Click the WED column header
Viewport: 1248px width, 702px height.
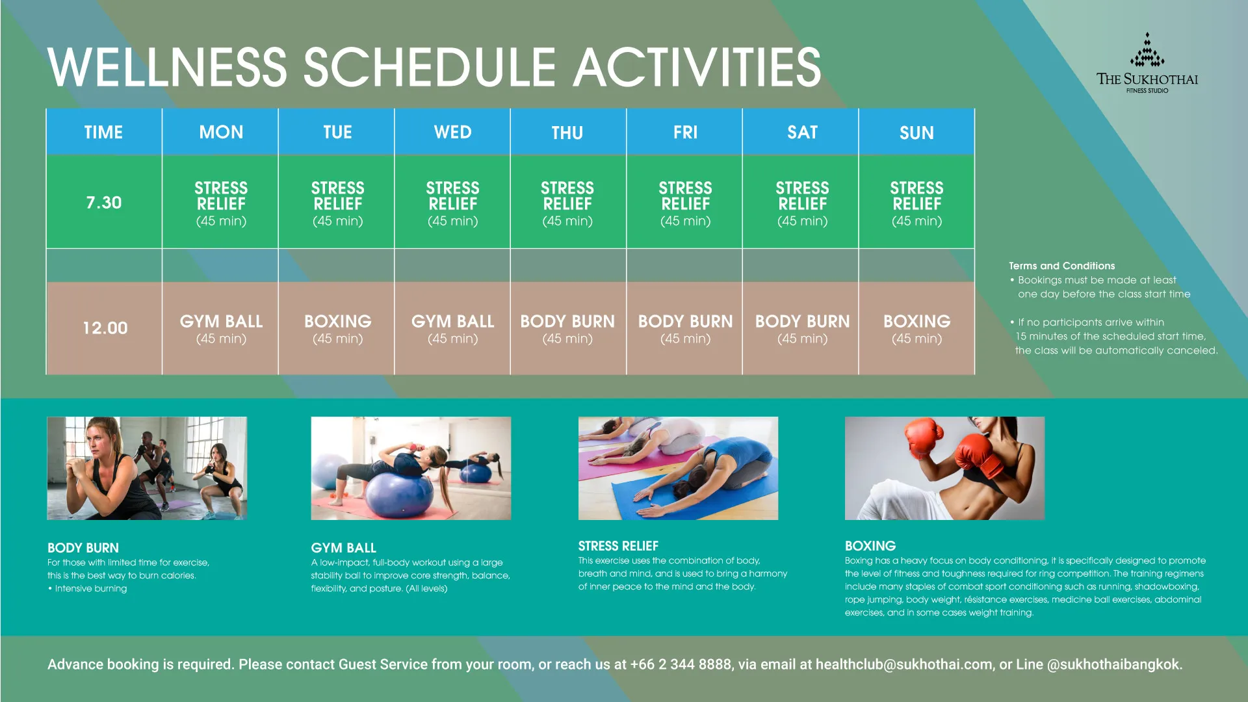coord(452,132)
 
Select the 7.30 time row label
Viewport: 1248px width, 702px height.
coord(104,202)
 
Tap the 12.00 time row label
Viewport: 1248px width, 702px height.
coord(105,328)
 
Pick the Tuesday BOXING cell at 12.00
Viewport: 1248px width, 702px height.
coord(337,329)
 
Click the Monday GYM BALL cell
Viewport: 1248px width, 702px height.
coord(221,329)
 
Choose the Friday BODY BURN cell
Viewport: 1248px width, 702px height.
coord(685,329)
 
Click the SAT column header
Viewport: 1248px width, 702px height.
coord(802,132)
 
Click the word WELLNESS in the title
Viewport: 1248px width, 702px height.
coord(167,67)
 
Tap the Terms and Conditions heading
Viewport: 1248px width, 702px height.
coord(1061,266)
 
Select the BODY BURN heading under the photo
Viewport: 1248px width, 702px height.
coord(83,548)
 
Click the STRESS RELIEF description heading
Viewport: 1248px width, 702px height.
coord(618,546)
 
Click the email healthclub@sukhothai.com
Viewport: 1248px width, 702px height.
coord(904,664)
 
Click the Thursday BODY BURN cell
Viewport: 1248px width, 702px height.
coord(567,329)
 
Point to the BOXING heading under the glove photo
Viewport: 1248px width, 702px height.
coord(870,546)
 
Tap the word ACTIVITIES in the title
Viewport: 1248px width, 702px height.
coord(697,67)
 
